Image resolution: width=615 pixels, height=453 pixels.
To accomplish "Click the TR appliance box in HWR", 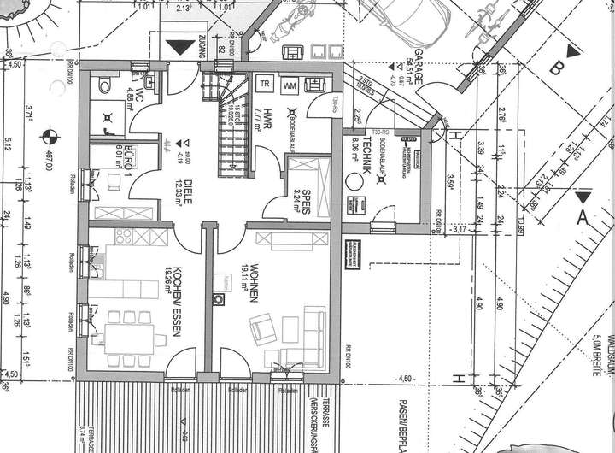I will pyautogui.click(x=265, y=84).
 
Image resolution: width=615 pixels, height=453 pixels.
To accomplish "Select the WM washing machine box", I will pyautogui.click(x=290, y=85).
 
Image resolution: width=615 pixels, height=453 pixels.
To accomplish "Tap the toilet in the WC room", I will pyautogui.click(x=103, y=84).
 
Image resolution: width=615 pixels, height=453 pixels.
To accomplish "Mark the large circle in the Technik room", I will pyautogui.click(x=353, y=181).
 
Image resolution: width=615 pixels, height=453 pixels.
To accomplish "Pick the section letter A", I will pyautogui.click(x=584, y=218).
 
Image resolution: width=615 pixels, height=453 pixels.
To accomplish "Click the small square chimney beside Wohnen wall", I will pyautogui.click(x=219, y=299).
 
